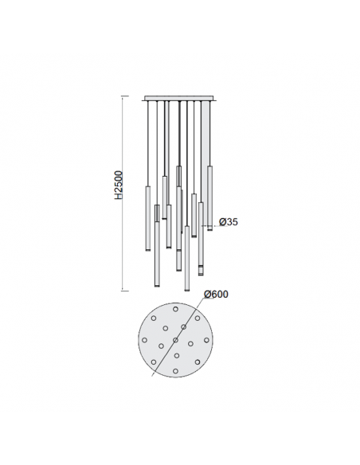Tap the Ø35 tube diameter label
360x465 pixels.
228,222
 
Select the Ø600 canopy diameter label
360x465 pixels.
216,294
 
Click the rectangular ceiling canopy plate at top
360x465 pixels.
179,99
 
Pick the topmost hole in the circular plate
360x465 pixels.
175,307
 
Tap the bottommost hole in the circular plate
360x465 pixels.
175,372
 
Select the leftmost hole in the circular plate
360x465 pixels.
143,340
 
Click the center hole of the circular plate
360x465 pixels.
175,340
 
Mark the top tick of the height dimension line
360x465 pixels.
123,96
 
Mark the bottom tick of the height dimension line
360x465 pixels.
123,291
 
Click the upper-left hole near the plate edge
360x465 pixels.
153,318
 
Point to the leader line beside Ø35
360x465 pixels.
210,228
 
